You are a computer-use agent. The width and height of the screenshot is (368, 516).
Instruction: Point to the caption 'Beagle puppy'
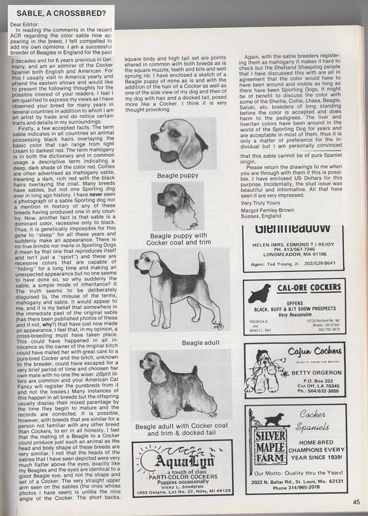point(178,176)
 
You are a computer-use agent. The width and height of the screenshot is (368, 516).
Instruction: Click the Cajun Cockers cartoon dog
point(263,371)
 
